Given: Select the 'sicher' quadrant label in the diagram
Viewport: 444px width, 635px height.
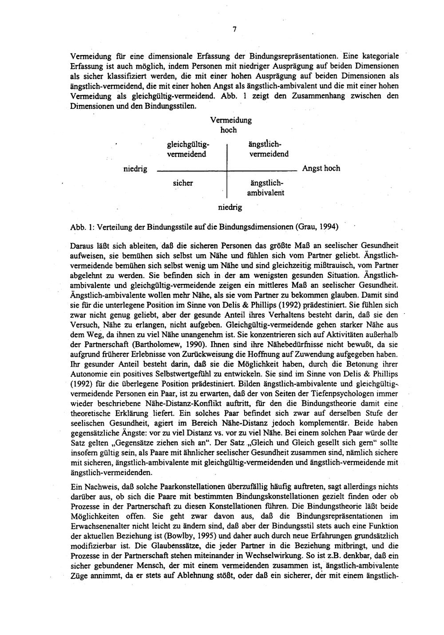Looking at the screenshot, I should pos(183,183).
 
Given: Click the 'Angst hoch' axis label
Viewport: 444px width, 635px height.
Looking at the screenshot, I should pos(321,168).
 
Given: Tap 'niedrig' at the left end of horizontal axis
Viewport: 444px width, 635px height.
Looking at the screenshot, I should pos(135,169).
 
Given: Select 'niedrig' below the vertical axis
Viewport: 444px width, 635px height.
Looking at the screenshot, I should pos(230,207).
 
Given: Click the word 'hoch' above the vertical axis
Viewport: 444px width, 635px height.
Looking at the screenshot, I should pos(229,130).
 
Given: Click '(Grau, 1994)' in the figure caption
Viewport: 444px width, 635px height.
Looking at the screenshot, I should pos(317,227).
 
